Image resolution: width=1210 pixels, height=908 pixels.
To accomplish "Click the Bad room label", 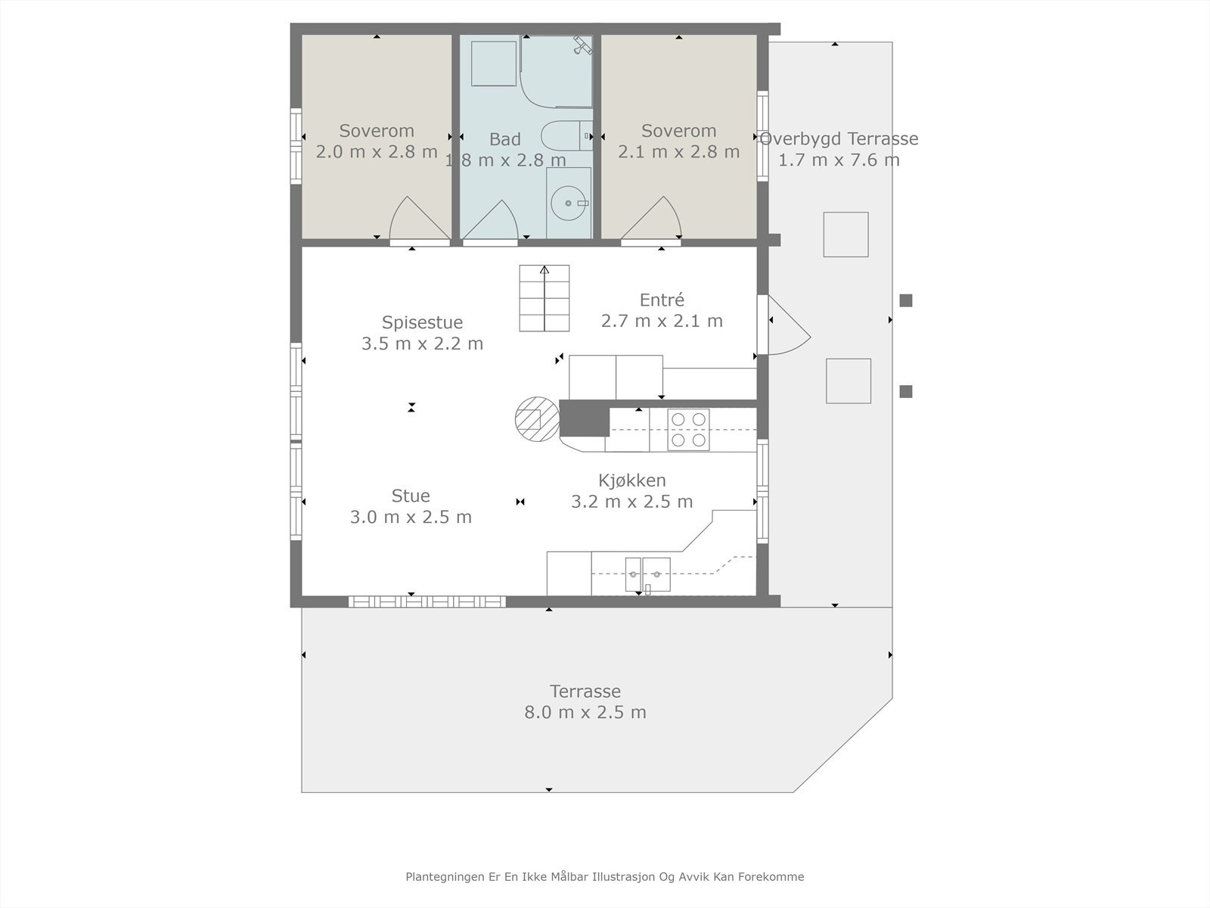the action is tap(505, 139).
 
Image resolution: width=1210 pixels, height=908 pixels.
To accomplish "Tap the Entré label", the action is tap(662, 300).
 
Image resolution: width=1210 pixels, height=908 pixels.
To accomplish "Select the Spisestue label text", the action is tap(422, 322).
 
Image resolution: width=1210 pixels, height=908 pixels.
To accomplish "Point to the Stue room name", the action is tap(411, 496).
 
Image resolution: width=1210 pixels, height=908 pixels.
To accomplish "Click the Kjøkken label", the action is tap(631, 480).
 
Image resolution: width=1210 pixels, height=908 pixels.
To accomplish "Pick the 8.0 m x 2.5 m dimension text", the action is tap(585, 712).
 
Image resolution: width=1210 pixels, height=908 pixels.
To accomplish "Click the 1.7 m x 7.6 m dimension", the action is tap(839, 160).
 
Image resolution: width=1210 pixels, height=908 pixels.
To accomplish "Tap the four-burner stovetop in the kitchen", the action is tap(688, 430).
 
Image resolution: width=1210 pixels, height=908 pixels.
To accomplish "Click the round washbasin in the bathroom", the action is tap(569, 203).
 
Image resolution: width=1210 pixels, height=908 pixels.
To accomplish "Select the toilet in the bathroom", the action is tap(566, 135).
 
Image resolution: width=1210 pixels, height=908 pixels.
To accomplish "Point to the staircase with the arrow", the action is tap(544, 298).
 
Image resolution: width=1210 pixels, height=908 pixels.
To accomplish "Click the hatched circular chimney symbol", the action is tap(537, 419).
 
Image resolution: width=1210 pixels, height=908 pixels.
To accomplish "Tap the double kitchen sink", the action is tap(647, 574).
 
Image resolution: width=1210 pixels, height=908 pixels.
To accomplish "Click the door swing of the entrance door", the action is tap(790, 325).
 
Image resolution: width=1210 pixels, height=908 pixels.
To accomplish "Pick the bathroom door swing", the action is tap(490, 220).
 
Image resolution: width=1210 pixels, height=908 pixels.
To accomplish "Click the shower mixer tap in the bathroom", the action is tap(582, 45).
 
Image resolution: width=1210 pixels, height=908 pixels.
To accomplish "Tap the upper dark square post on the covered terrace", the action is tap(906, 300).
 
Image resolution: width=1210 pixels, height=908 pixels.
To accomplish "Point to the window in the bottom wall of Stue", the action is tap(427, 602).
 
